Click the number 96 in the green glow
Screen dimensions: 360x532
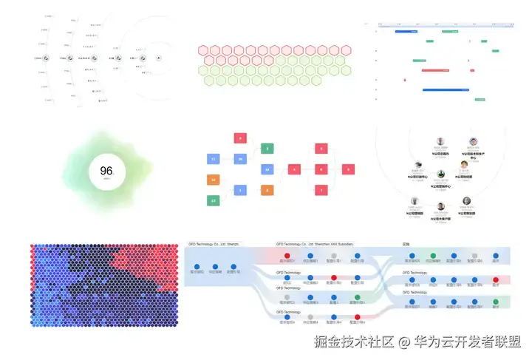pos(106,171)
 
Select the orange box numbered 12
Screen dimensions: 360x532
pos(213,180)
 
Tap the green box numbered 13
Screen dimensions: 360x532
pos(213,200)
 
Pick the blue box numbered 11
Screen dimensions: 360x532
pos(213,159)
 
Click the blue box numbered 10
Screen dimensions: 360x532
pos(239,159)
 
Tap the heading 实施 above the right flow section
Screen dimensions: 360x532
pos(406,244)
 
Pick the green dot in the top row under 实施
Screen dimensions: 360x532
pos(433,256)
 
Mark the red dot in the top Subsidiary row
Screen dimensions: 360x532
pos(287,256)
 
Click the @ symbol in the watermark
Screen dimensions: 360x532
pos(403,342)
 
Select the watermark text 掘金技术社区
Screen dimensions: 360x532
pos(354,342)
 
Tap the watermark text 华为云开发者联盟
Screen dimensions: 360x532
pos(467,342)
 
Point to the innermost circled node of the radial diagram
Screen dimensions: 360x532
pos(159,57)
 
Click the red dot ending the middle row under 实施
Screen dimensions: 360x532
pos(497,280)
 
